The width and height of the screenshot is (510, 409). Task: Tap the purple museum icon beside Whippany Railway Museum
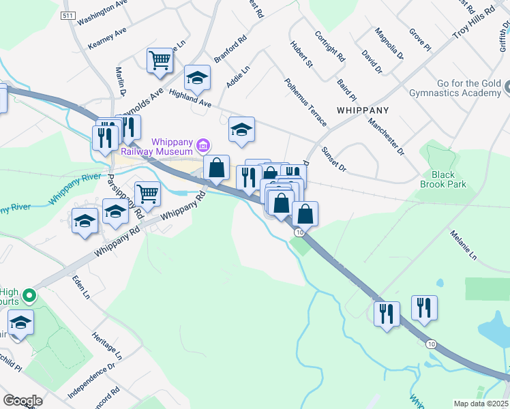[202, 145]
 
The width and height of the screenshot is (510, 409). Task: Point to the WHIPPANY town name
[362, 109]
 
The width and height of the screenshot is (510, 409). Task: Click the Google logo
[22, 401]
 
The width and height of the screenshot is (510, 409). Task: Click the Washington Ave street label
[103, 12]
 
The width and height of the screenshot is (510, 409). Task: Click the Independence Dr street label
[91, 380]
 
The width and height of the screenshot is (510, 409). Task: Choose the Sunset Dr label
[334, 159]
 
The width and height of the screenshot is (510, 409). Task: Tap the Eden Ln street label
[81, 286]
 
